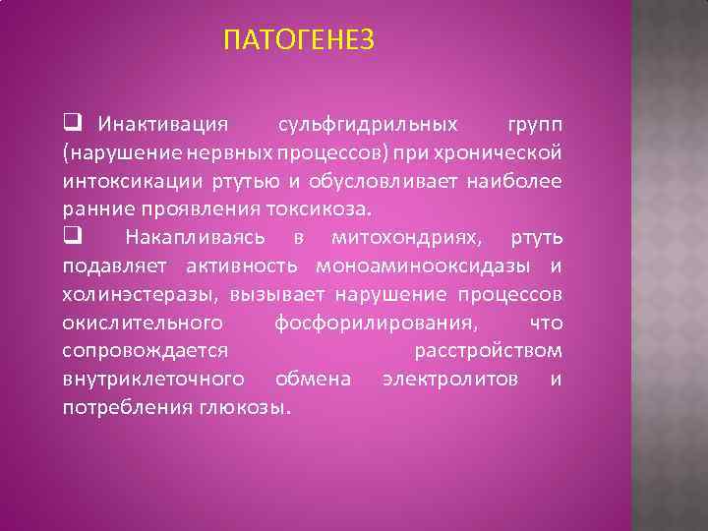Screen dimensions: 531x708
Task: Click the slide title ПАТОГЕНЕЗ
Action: (299, 40)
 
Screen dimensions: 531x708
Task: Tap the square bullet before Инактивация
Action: (72, 125)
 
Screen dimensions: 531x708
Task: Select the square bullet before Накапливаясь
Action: (72, 237)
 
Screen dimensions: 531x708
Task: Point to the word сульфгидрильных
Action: (368, 125)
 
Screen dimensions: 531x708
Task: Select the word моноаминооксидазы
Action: (429, 265)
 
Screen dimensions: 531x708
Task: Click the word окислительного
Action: (142, 323)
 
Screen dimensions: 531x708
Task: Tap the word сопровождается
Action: (146, 351)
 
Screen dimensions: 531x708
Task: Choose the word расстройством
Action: (488, 351)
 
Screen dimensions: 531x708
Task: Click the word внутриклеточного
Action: (153, 379)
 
